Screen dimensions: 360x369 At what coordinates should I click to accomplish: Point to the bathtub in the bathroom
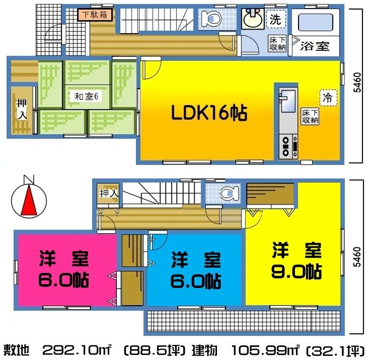coord(315,23)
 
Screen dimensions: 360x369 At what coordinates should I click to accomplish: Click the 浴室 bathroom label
coord(315,46)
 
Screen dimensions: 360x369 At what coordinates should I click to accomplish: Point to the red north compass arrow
coord(29,200)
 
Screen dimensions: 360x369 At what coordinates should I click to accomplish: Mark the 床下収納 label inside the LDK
coord(310,116)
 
